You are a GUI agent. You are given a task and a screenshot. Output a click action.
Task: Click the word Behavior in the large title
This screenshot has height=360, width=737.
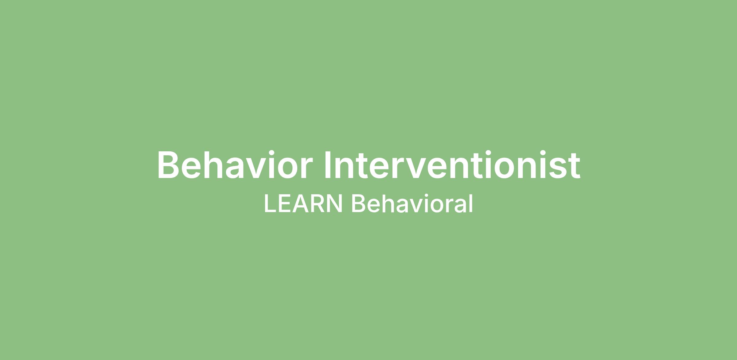click(x=235, y=165)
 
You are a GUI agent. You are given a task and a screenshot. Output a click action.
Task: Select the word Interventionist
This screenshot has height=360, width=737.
click(x=452, y=165)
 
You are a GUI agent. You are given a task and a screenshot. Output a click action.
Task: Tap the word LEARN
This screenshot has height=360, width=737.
click(x=303, y=203)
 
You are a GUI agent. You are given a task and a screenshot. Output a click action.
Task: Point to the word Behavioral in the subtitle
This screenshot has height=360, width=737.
click(x=412, y=203)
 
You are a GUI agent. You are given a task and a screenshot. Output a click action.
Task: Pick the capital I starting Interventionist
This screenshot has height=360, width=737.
click(x=327, y=165)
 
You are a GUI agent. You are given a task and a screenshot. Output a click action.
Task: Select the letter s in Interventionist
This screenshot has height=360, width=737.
click(x=557, y=168)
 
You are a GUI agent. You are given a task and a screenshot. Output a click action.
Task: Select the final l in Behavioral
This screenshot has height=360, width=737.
click(x=471, y=203)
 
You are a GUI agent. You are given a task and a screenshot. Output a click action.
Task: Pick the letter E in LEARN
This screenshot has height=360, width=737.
click(x=284, y=203)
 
